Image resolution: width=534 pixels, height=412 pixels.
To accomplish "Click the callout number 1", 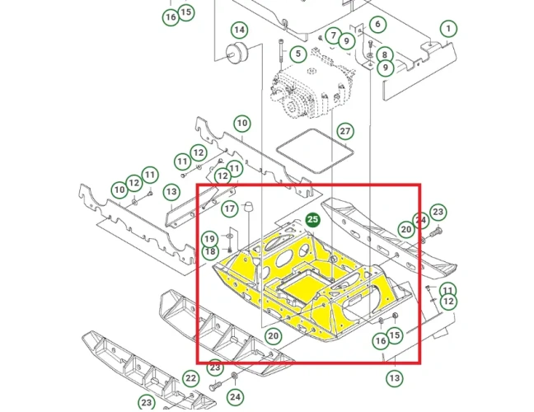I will (x=447, y=29).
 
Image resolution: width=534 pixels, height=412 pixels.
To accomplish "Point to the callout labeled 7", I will (x=333, y=36).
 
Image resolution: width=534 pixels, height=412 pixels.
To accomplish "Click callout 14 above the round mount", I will (x=238, y=30).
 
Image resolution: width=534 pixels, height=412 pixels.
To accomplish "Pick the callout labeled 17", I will (x=228, y=208).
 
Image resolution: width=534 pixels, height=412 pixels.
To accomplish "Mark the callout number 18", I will (x=210, y=251).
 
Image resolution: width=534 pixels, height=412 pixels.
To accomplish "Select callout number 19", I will (x=210, y=238).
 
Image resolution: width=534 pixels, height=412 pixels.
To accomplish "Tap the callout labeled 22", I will (x=190, y=377).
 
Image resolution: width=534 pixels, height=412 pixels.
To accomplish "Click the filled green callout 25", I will (x=312, y=219).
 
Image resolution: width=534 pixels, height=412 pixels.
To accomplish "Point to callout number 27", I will (x=345, y=131).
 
